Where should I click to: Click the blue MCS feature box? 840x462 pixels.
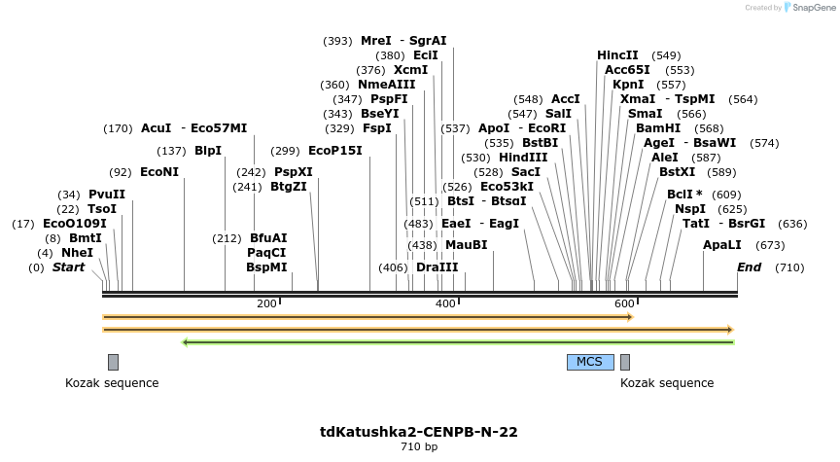(x=590, y=362)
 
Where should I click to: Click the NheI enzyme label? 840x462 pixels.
(x=78, y=252)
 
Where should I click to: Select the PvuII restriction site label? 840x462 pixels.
(x=106, y=194)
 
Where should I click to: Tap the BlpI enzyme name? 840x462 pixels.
(x=208, y=150)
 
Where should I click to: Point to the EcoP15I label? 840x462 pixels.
(x=334, y=150)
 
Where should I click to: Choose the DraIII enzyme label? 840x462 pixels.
(x=437, y=267)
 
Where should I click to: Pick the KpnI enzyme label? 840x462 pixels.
(x=628, y=85)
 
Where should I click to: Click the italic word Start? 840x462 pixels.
(x=68, y=267)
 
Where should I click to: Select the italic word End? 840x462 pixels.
(x=749, y=267)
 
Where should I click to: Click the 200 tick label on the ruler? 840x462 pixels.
(x=266, y=304)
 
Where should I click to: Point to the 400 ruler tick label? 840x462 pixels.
(x=445, y=304)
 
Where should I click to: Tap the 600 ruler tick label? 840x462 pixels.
(x=624, y=304)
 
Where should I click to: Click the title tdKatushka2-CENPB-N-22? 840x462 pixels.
(x=419, y=431)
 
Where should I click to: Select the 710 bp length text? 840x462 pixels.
(x=419, y=447)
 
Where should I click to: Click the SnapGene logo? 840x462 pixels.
(x=809, y=8)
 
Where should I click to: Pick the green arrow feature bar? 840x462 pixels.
(x=458, y=341)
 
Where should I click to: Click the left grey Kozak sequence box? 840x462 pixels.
(x=113, y=362)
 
